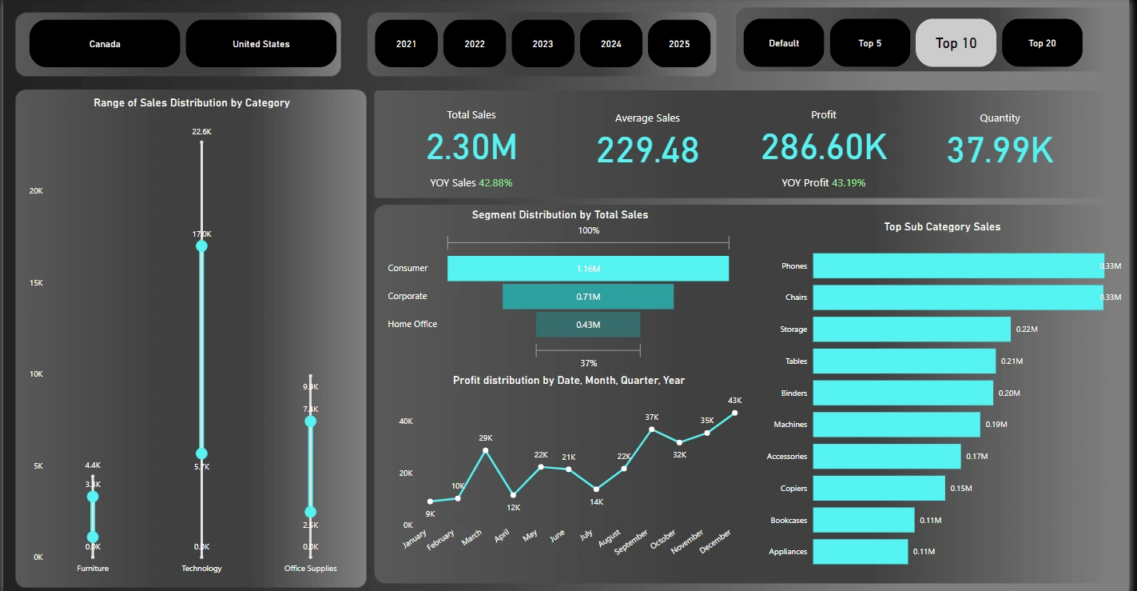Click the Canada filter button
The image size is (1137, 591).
pyautogui.click(x=105, y=44)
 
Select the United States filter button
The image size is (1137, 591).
pyautogui.click(x=261, y=44)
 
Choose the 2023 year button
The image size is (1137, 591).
pyautogui.click(x=543, y=44)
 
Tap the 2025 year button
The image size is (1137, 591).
pyautogui.click(x=679, y=44)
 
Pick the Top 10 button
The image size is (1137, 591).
pyautogui.click(x=956, y=43)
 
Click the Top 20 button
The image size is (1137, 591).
pyautogui.click(x=1042, y=43)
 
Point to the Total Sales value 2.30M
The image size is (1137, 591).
pyautogui.click(x=471, y=148)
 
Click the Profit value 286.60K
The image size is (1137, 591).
pyautogui.click(x=824, y=148)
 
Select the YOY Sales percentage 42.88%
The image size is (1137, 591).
pyautogui.click(x=495, y=183)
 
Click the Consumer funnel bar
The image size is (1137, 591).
pyautogui.click(x=588, y=269)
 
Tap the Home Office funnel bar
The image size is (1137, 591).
pyautogui.click(x=588, y=325)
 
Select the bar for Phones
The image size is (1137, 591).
pyautogui.click(x=958, y=266)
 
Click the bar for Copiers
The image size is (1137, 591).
pyautogui.click(x=879, y=488)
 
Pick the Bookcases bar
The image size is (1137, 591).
pyautogui.click(x=864, y=520)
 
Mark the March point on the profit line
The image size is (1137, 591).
pyautogui.click(x=486, y=450)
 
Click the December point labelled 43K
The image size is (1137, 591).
pyautogui.click(x=734, y=413)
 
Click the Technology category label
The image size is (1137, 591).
pyautogui.click(x=201, y=569)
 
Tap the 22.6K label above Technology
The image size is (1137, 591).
pyautogui.click(x=201, y=131)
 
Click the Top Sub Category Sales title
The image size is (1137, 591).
pyautogui.click(x=942, y=227)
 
